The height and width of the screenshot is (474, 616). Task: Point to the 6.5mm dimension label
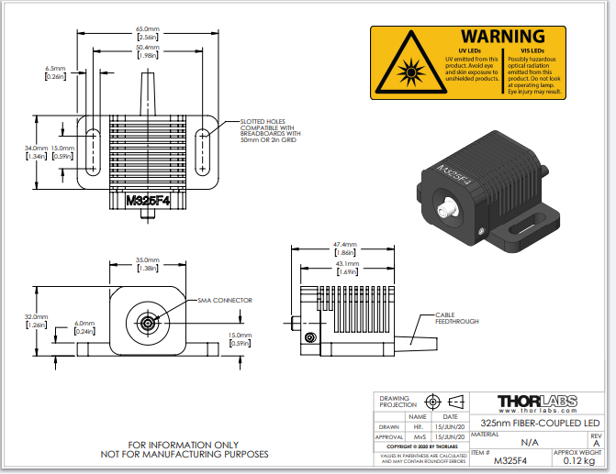(55, 68)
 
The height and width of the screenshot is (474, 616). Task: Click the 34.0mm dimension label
(36, 148)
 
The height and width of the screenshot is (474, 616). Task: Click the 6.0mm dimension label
(84, 324)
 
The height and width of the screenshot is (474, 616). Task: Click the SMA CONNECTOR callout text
(225, 300)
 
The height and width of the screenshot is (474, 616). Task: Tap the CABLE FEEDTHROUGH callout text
(456, 319)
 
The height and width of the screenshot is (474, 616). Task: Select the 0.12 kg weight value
(577, 460)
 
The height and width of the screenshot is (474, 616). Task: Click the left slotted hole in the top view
(93, 151)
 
